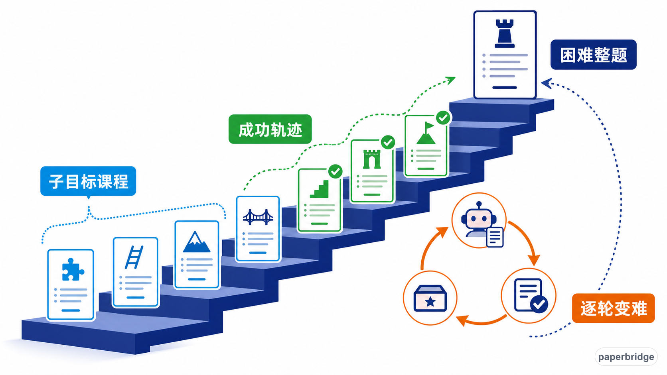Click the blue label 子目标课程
click(88, 181)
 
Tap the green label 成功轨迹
click(270, 130)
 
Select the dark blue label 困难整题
click(594, 55)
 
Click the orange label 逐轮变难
click(614, 308)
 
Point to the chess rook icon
click(504, 33)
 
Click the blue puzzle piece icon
click(73, 269)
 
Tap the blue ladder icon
click(134, 257)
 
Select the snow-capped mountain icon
click(196, 242)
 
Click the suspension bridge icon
click(258, 217)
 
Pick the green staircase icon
click(319, 189)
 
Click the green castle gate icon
click(372, 159)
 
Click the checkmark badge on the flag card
click(443, 118)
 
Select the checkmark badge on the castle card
click(388, 142)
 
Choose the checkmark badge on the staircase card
click(335, 172)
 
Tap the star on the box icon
click(430, 302)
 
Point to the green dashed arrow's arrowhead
click(450, 80)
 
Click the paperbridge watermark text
click(626, 357)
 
